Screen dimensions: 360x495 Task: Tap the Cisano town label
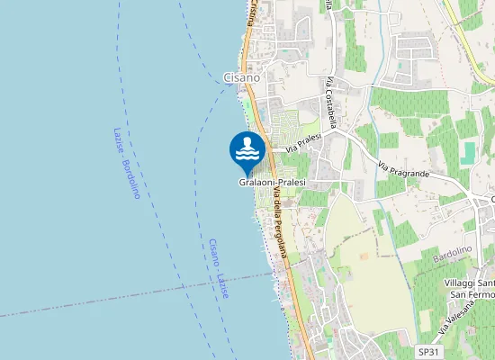click(x=241, y=77)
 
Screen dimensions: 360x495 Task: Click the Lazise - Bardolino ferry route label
click(x=126, y=162)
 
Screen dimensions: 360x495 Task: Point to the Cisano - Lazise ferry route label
click(x=218, y=270)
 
